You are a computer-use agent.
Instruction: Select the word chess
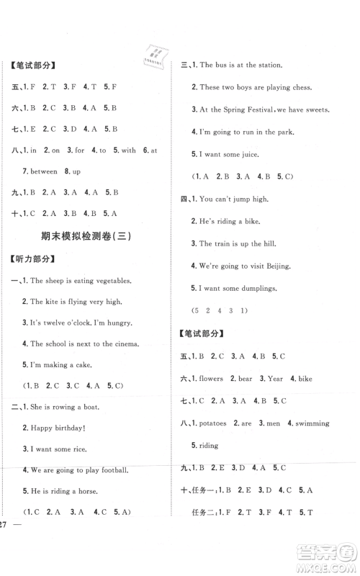click(x=300, y=87)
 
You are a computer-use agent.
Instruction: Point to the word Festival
click(x=256, y=109)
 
